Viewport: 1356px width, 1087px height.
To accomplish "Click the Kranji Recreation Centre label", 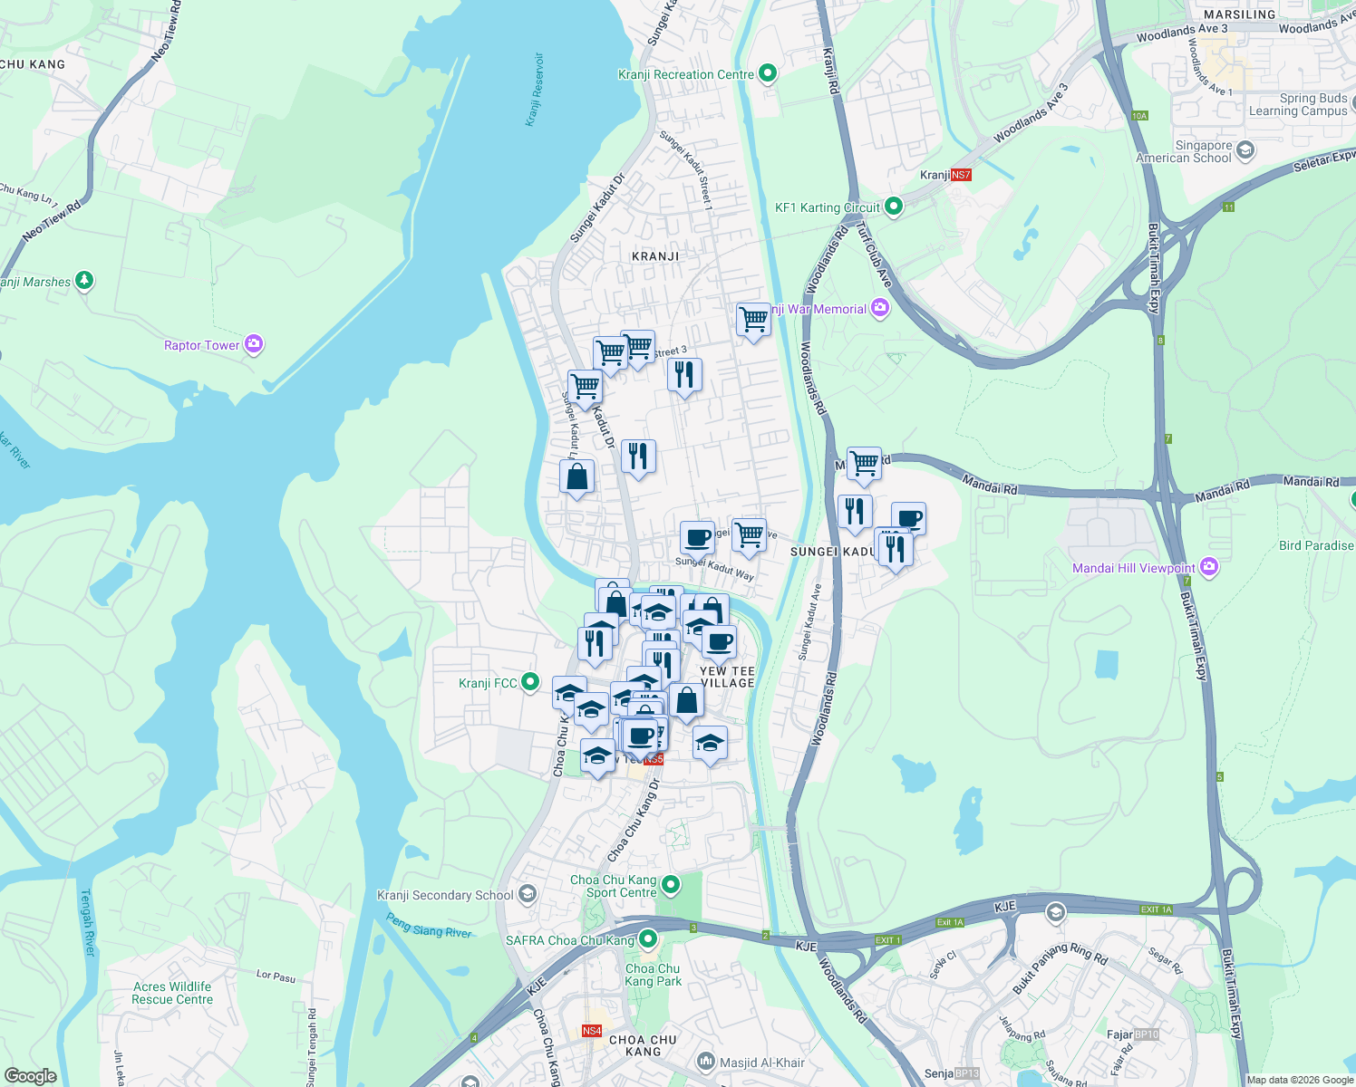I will pos(685,74).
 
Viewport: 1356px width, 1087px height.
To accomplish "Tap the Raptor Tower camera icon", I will pos(254,344).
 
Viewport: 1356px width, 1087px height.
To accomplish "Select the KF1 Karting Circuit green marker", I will pos(894,207).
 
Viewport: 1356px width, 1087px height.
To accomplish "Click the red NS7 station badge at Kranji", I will pos(961,175).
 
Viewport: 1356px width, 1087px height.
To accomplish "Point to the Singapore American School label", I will pos(1184,151).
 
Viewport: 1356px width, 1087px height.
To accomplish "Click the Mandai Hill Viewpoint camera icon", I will pos(1208,567).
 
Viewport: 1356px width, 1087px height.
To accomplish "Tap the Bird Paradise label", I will pos(1316,545).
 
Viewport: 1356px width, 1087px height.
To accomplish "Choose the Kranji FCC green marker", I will pos(531,682).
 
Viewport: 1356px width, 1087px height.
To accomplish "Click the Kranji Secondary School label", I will pos(445,895).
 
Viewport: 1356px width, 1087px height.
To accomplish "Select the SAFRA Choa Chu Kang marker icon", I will pos(648,939).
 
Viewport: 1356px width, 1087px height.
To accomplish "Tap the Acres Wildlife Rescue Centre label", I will pos(172,993).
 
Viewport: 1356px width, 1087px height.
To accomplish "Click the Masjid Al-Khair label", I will pos(761,1063).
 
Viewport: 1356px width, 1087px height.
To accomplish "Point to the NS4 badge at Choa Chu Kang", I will pos(591,1031).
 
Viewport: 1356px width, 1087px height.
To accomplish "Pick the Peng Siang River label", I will pos(429,925).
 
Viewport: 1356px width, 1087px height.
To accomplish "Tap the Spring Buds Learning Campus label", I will pos(1298,104).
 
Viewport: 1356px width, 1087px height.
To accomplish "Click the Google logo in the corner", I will pos(30,1075).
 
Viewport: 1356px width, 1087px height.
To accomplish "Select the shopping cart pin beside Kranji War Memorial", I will pos(753,320).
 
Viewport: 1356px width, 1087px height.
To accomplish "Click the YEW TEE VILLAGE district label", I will pos(727,677).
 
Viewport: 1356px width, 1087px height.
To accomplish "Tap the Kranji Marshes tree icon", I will pos(84,281).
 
